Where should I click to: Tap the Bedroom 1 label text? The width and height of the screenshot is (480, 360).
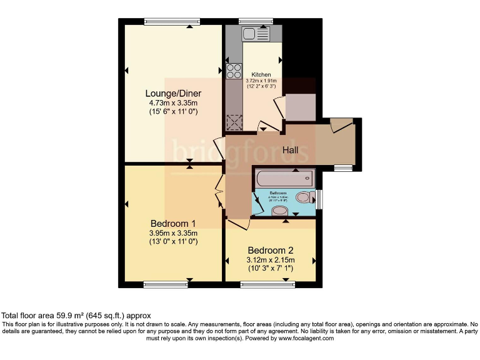(x=173, y=223)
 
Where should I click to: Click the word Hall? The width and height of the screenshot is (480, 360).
(x=290, y=151)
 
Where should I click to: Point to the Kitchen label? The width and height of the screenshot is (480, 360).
(x=261, y=74)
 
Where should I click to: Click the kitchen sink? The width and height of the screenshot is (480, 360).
(x=256, y=35)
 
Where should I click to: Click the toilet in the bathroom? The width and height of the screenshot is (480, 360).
(x=304, y=198)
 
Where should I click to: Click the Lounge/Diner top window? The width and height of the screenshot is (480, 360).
(x=168, y=22)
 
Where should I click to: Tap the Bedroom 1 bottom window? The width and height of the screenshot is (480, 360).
(x=166, y=284)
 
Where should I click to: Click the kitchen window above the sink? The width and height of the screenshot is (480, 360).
(x=256, y=22)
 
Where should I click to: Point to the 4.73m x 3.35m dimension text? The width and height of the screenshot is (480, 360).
(x=173, y=103)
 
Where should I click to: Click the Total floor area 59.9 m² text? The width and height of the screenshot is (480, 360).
(x=76, y=316)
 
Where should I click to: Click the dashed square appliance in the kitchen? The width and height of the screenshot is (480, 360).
(x=234, y=121)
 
